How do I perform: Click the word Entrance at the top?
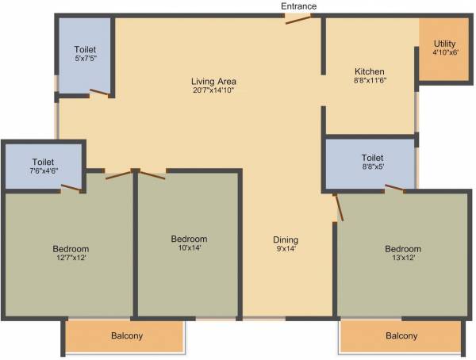[x=299, y=6]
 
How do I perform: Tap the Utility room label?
[x=445, y=44]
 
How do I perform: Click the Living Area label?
[x=213, y=81]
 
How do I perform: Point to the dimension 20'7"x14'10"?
[x=213, y=91]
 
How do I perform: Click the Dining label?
[x=286, y=239]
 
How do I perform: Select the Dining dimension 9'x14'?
[x=286, y=250]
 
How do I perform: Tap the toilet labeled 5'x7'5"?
[x=85, y=53]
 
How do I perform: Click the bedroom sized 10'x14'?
[x=189, y=244]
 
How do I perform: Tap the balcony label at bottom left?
[x=127, y=336]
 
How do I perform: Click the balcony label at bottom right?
[x=401, y=336]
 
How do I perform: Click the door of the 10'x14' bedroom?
[x=152, y=174]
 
